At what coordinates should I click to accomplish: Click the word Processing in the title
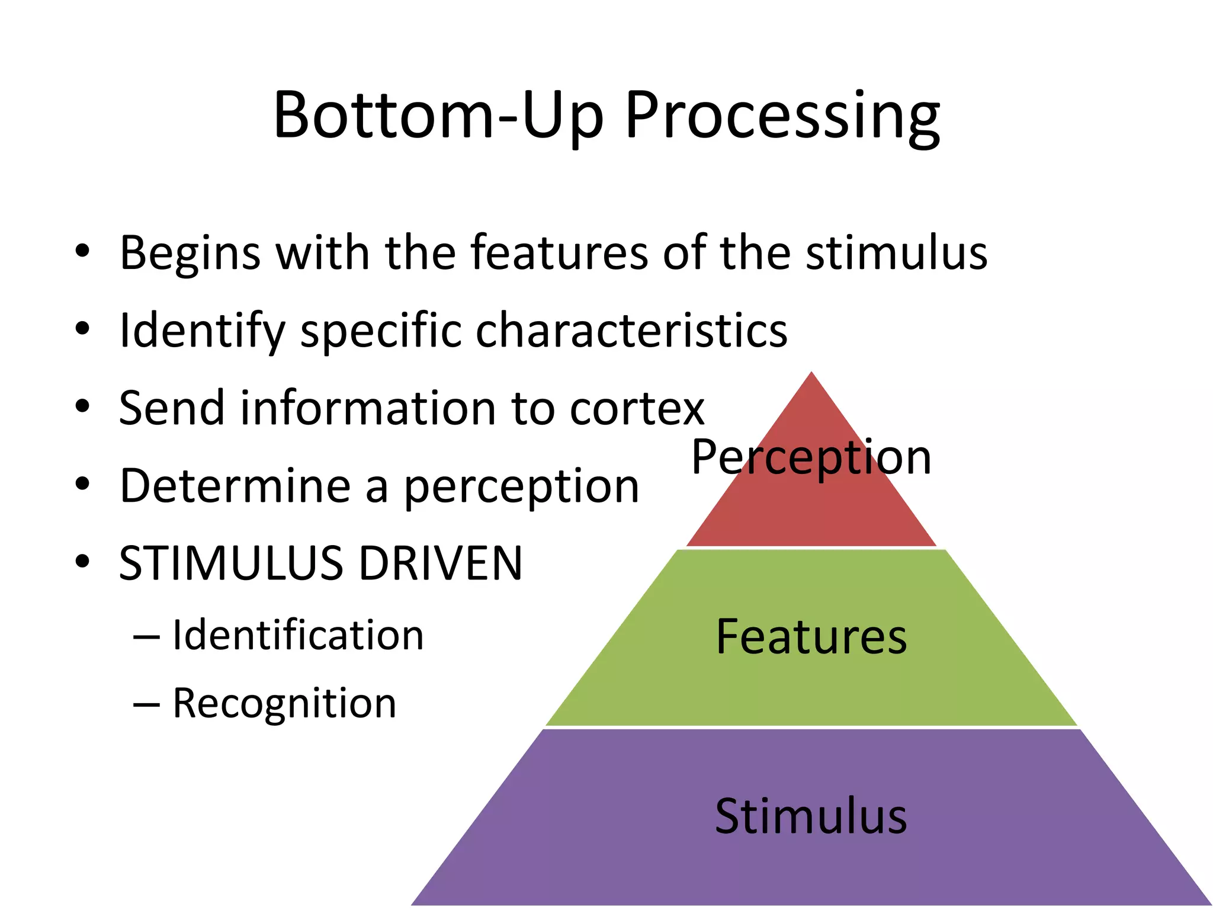[x=782, y=116]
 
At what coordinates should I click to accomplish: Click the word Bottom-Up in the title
[x=438, y=116]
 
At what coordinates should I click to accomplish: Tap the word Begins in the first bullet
[x=190, y=254]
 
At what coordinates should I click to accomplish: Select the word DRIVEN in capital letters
[x=441, y=563]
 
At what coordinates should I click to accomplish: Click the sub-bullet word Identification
[x=298, y=635]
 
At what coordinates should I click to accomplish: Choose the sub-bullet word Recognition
[x=284, y=704]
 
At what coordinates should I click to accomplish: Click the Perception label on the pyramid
[x=811, y=457]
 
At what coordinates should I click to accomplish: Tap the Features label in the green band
[x=811, y=637]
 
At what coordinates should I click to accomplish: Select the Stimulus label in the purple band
[x=811, y=816]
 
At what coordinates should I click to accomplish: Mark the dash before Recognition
[x=146, y=704]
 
